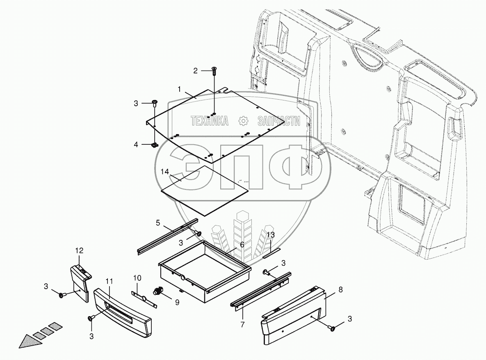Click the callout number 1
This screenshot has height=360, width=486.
click(179, 89)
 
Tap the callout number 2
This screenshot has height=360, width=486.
click(196, 71)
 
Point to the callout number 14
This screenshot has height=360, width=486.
click(164, 171)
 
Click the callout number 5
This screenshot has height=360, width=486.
click(158, 223)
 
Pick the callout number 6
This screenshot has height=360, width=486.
click(242, 244)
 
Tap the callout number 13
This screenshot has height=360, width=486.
click(271, 235)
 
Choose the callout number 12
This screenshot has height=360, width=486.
click(79, 250)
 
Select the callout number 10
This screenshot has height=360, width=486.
click(137, 278)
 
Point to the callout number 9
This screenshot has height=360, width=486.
click(177, 303)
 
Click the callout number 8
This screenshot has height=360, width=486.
click(340, 290)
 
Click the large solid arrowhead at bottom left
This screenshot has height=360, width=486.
click(28, 340)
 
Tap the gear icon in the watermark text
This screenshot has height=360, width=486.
click(243, 121)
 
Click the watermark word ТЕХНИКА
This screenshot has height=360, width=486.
click(209, 121)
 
